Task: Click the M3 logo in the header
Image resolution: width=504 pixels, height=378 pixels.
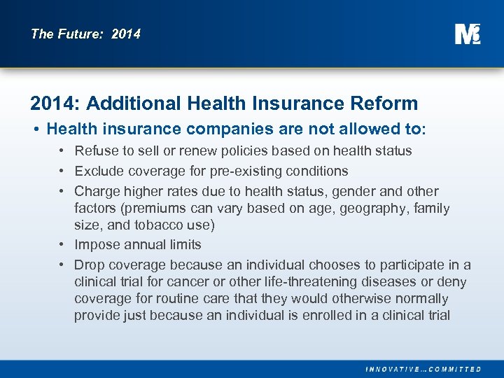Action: pyautogui.click(x=468, y=34)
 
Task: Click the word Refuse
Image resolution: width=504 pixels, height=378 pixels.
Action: pyautogui.click(x=95, y=150)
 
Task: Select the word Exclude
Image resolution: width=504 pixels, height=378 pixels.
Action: pyautogui.click(x=99, y=171)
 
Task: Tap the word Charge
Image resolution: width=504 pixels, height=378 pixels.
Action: pyautogui.click(x=97, y=191)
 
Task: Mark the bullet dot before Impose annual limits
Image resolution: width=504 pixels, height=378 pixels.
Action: pyautogui.click(x=62, y=245)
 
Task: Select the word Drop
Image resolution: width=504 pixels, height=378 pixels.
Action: pyautogui.click(x=90, y=265)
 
